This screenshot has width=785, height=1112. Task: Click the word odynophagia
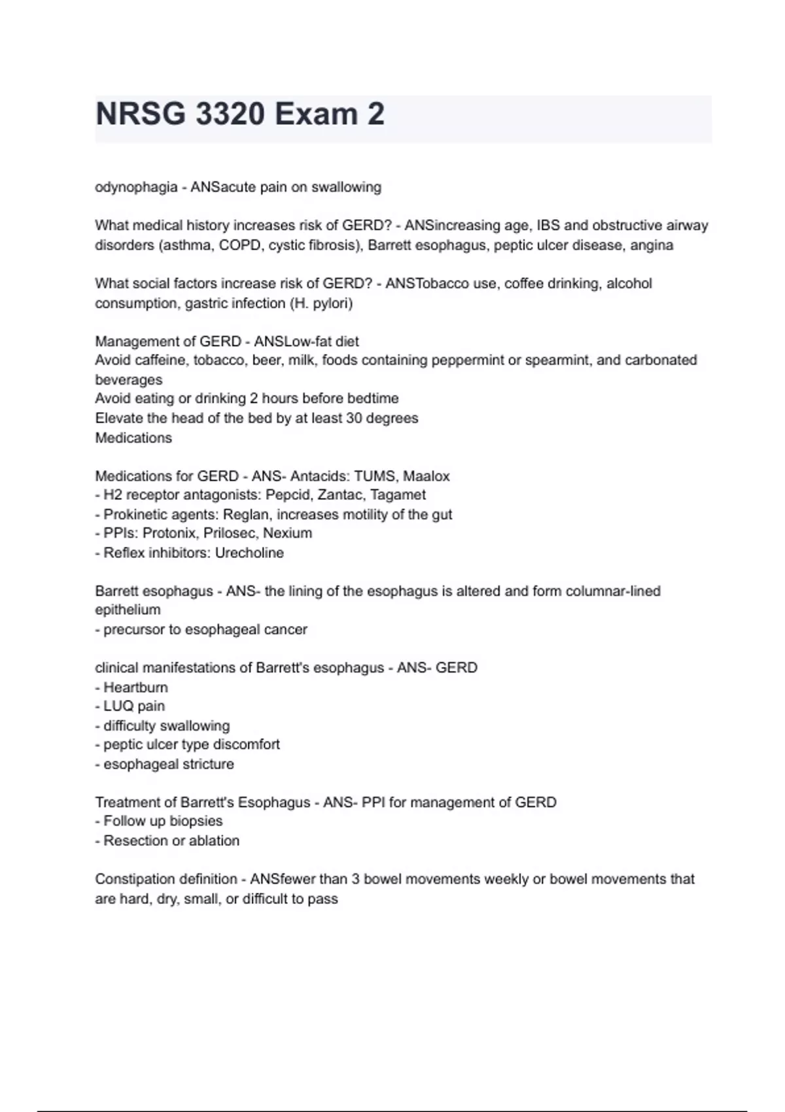[x=136, y=187]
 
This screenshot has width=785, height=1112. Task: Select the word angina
[x=652, y=245]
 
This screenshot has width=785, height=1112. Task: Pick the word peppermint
[x=461, y=360]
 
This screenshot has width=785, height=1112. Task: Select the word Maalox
[x=427, y=476]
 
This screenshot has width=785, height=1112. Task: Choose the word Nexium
[x=288, y=533]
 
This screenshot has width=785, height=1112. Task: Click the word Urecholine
[x=249, y=553]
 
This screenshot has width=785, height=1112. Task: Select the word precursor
[x=132, y=630]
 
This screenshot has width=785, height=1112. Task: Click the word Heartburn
[x=135, y=687]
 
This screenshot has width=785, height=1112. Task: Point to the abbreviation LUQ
[x=118, y=706]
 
